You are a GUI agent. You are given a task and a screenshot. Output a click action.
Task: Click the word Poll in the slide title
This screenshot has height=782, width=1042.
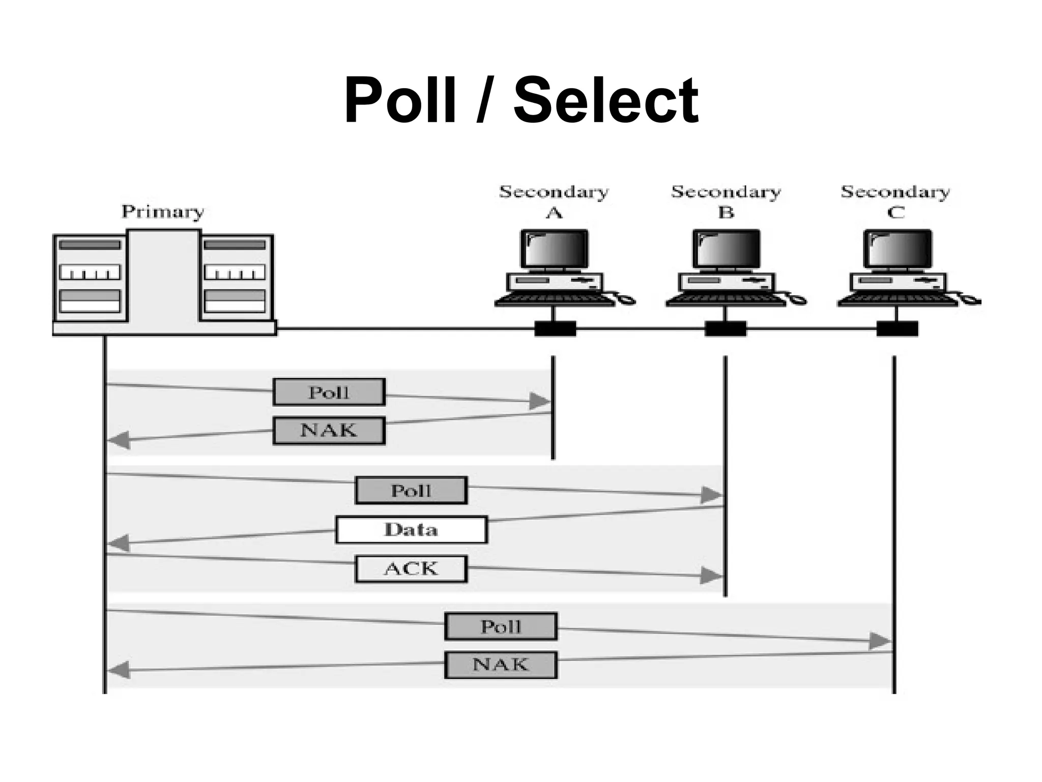point(400,100)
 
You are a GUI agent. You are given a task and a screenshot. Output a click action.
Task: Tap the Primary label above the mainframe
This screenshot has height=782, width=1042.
point(162,211)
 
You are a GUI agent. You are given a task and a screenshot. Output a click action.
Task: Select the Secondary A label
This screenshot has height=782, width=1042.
point(554,202)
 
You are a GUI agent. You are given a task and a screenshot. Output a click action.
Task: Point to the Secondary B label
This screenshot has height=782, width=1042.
point(726,202)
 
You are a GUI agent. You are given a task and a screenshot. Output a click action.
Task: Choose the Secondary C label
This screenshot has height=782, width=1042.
point(895,202)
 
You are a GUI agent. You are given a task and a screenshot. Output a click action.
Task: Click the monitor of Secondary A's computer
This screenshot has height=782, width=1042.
point(554,249)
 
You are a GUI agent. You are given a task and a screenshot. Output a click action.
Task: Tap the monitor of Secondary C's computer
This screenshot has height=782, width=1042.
point(898,249)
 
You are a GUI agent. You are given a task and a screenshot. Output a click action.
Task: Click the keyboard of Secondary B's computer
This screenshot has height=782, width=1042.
point(726,300)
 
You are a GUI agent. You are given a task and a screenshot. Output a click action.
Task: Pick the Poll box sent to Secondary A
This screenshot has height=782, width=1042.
point(329,392)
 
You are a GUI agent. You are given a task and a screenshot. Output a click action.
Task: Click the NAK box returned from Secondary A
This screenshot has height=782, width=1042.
point(329,431)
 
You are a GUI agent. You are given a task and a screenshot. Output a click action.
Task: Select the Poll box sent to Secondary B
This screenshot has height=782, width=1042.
point(411,490)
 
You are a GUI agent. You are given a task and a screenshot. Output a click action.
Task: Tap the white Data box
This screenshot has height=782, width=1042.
point(411,529)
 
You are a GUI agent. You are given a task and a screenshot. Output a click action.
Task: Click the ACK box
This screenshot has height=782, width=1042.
point(411,569)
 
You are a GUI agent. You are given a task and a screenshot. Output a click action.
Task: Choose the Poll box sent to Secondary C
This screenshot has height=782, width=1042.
point(501,626)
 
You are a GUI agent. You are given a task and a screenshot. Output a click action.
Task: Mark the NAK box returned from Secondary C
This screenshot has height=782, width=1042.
point(501,665)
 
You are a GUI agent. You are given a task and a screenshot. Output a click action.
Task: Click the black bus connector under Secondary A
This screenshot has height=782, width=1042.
point(555,329)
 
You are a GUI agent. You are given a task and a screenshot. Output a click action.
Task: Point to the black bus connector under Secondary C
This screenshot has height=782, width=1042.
point(897,329)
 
